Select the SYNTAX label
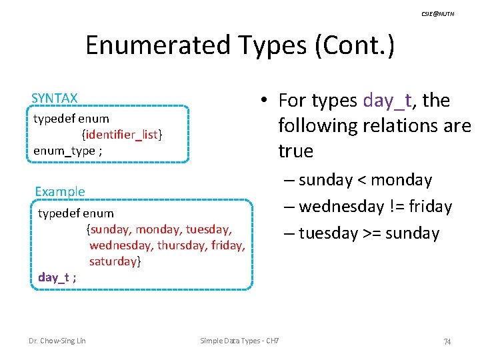(x=55, y=98)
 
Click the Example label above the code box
(x=60, y=191)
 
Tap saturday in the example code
(x=113, y=261)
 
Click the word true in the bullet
(x=295, y=151)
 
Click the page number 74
(x=447, y=341)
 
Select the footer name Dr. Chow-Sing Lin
(x=57, y=341)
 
